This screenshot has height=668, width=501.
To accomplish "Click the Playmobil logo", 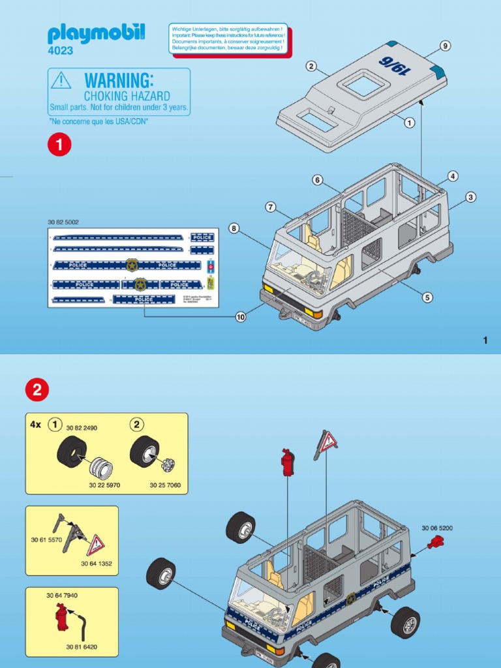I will click(x=97, y=33).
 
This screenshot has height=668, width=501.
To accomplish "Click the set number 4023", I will click(x=61, y=51).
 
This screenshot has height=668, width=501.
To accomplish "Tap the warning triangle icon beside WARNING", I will click(x=61, y=80).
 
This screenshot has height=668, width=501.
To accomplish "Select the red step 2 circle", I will click(x=37, y=390).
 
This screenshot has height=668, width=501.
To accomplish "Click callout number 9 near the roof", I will click(x=446, y=46).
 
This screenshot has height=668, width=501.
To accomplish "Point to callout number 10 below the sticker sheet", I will click(x=241, y=317).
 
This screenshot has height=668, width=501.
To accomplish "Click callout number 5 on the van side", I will click(x=427, y=297).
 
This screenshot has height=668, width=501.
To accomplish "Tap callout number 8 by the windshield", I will click(x=234, y=228).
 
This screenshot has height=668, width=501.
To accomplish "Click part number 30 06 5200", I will click(x=436, y=528).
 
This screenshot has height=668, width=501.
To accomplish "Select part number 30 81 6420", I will click(x=81, y=647).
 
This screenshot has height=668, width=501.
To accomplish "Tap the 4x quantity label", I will click(x=35, y=425).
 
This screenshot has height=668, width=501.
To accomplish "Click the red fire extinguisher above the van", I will click(x=287, y=462).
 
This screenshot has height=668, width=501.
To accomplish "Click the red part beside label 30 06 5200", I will click(x=438, y=541).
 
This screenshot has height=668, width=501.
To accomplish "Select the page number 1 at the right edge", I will click(x=485, y=340).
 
